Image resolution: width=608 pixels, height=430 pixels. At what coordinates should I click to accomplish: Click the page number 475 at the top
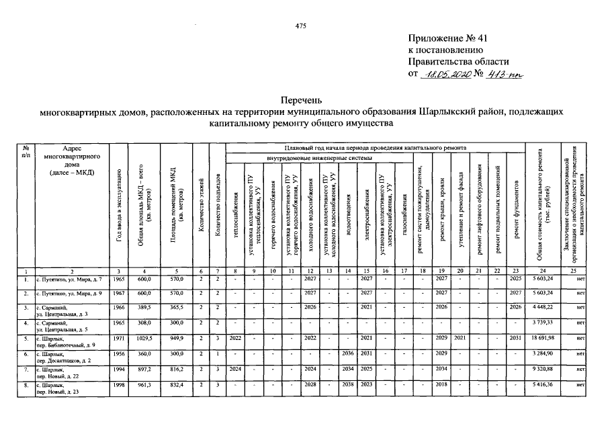click(300, 26)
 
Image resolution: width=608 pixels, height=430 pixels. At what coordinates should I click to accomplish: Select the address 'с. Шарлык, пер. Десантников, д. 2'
click(62, 356)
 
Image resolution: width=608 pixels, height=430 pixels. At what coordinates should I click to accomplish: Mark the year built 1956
click(118, 353)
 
